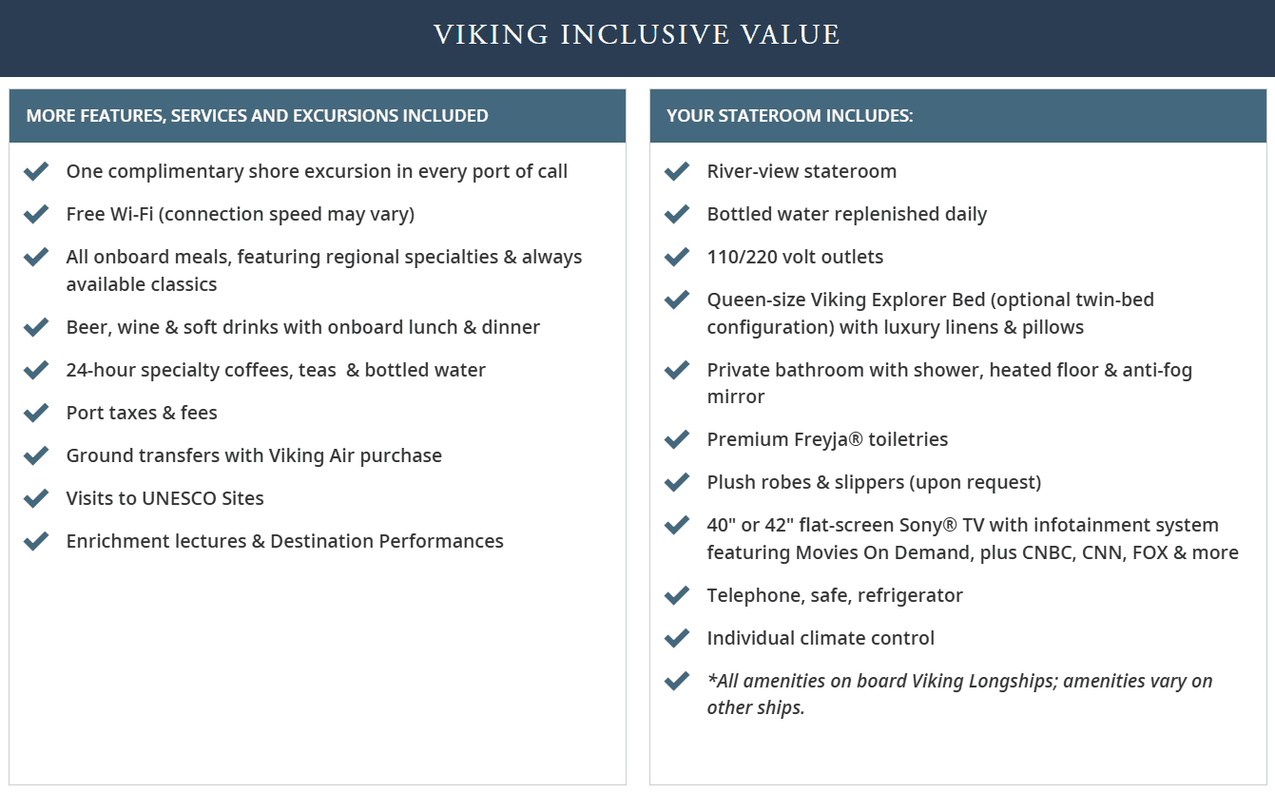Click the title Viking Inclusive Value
tap(637, 35)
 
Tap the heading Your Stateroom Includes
tap(789, 116)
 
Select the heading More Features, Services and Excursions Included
tap(257, 116)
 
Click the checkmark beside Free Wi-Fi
tap(36, 214)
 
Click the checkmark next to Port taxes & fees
tap(36, 413)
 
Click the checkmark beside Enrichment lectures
tap(36, 541)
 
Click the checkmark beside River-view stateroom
tap(677, 171)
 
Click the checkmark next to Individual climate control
tap(677, 638)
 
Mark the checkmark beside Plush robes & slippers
tap(677, 482)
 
